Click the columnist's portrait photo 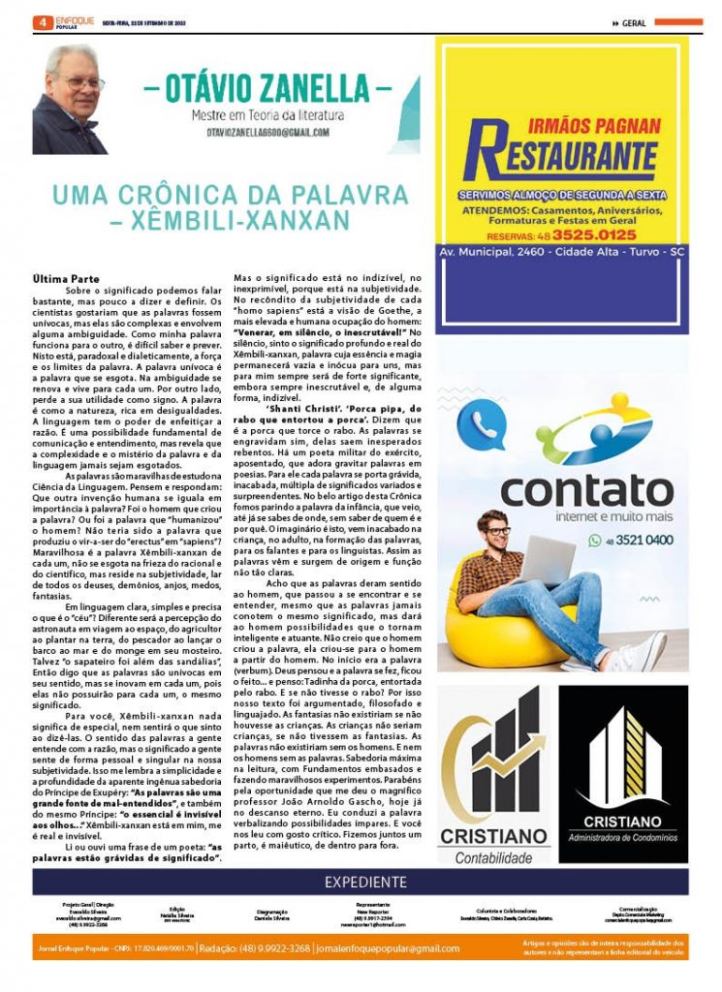tap(70, 99)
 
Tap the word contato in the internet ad tap(586, 490)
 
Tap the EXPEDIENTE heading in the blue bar tap(366, 882)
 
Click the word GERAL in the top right tap(634, 22)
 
